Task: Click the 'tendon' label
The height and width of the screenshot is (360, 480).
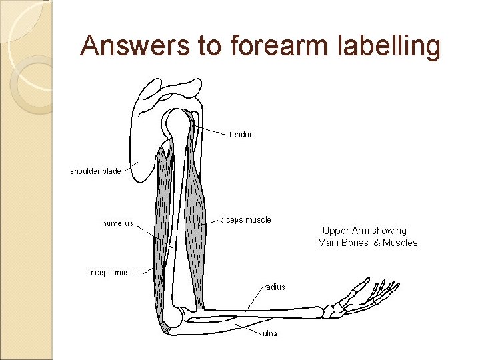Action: pos(241,135)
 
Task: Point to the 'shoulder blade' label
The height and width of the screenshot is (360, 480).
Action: pos(95,171)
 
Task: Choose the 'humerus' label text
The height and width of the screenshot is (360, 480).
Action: pos(117,223)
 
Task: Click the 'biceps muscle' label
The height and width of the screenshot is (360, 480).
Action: pos(245,219)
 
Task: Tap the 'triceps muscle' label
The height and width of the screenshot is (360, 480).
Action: pos(114,272)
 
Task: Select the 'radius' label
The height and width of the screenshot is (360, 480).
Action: pos(274,287)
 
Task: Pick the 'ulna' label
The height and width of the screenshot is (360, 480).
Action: pos(269,333)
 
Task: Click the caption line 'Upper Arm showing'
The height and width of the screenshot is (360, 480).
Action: pos(364,231)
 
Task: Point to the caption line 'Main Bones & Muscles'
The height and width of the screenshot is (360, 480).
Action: pos(367,243)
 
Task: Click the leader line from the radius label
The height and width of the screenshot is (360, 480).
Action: pos(253,299)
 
